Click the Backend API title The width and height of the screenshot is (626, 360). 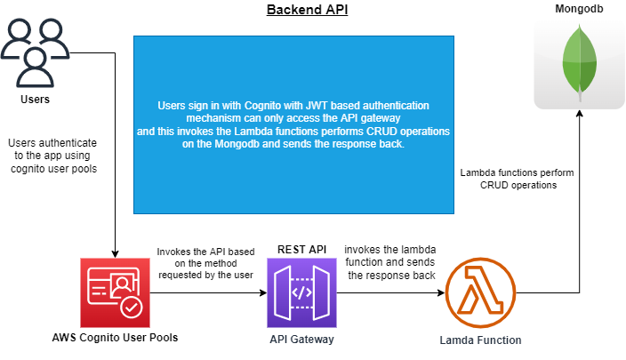307,10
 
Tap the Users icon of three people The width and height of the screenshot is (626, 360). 36,52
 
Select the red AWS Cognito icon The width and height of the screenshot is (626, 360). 115,292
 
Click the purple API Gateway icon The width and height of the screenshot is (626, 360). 301,292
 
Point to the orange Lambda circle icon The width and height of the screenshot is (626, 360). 480,292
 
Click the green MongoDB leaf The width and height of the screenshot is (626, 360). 580,62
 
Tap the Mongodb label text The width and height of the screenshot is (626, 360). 579,9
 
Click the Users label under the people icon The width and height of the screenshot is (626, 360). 36,99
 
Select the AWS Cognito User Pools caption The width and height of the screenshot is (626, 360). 115,338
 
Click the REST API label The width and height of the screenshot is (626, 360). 301,250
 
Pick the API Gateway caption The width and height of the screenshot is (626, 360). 301,340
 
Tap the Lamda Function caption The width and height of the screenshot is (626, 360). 480,340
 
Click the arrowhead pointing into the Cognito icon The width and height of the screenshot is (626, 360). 115,254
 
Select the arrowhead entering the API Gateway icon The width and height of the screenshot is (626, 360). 263,293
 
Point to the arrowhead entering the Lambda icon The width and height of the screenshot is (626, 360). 441,293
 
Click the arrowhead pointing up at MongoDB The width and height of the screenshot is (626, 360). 579,114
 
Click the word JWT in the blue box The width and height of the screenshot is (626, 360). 317,106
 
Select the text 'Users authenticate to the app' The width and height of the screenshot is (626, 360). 52,148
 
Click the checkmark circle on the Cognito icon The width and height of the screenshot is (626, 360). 132,308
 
